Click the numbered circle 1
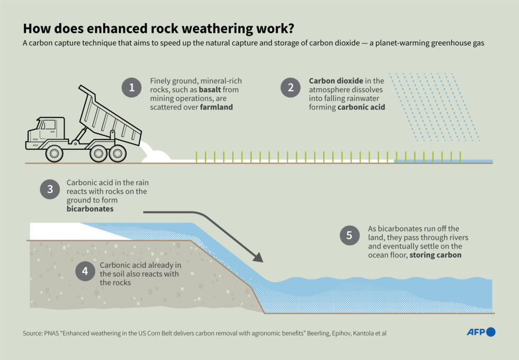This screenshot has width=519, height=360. click(132, 87)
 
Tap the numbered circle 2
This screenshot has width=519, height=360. click(290, 87)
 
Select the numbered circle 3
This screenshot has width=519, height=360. click(50, 189)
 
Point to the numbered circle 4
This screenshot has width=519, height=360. click(85, 272)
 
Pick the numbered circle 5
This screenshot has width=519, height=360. click(350, 235)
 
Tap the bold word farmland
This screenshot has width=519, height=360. click(216, 107)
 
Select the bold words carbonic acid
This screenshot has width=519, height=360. click(361, 107)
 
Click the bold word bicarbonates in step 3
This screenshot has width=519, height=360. click(90, 210)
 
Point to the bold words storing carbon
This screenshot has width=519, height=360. click(435, 255)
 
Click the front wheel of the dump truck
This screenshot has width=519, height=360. click(54, 154)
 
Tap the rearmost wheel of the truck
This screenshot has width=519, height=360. click(117, 154)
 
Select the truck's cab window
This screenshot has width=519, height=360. click(48, 126)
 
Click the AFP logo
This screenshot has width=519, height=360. click(480, 332)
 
